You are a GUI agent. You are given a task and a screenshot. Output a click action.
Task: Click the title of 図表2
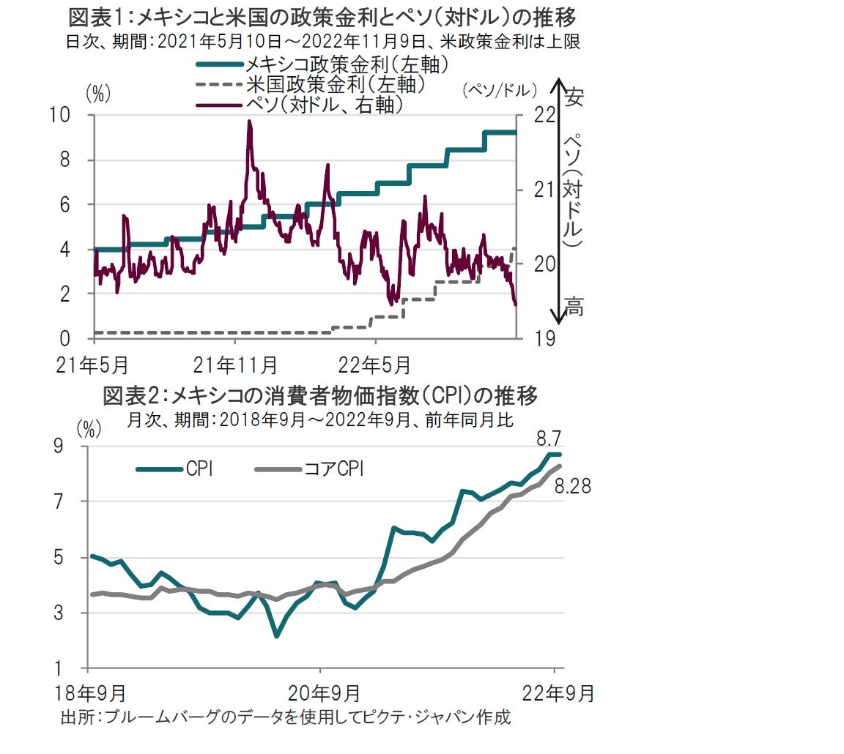point(320,397)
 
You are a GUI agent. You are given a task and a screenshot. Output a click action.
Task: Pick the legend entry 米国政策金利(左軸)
point(336,85)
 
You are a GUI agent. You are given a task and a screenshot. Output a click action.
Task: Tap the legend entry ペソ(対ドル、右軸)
point(325,105)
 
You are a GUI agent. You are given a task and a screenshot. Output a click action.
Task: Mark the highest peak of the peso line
point(249,122)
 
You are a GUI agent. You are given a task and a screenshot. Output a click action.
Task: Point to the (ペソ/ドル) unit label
point(500,90)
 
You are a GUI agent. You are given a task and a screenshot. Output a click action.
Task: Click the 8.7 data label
point(549,439)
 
